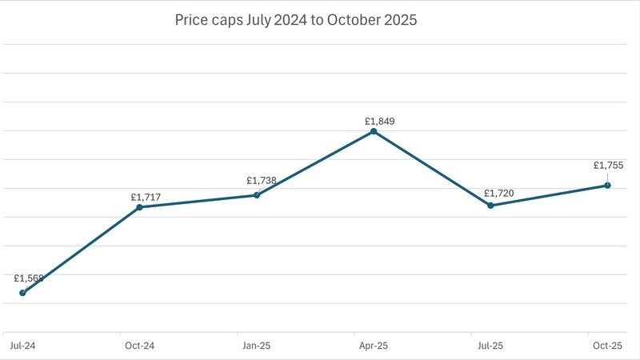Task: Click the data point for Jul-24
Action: coord(22,293)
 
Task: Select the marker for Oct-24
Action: coord(139,207)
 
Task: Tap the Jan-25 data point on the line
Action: coord(257,195)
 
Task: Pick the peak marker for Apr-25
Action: coord(374,131)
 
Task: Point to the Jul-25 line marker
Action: coord(490,206)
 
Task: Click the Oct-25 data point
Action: coord(607,186)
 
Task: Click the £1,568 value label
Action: coord(29,278)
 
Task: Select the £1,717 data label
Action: coord(146,196)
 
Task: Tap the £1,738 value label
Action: coord(262,181)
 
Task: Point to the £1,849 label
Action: coord(380,122)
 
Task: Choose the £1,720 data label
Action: coord(498,194)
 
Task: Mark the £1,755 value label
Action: coord(608,166)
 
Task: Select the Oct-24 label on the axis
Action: coord(139,346)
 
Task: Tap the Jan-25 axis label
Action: coord(256,346)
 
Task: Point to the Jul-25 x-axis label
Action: coord(490,346)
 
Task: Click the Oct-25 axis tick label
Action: coord(607,346)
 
